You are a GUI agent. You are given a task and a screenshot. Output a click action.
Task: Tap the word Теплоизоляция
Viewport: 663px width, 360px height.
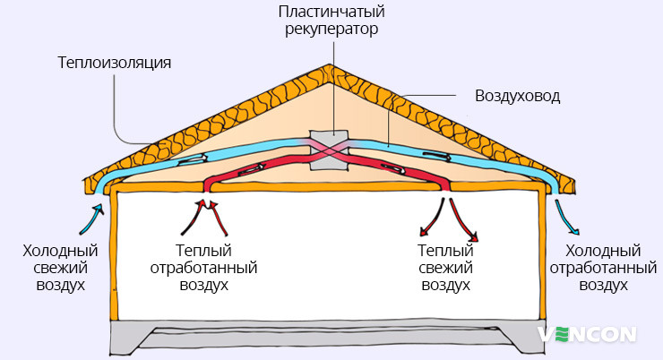coord(114,64)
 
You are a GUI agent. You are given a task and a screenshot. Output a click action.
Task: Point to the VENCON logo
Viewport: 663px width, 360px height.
coord(588,334)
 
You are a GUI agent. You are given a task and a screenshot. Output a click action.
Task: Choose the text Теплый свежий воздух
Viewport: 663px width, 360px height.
coord(444,268)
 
